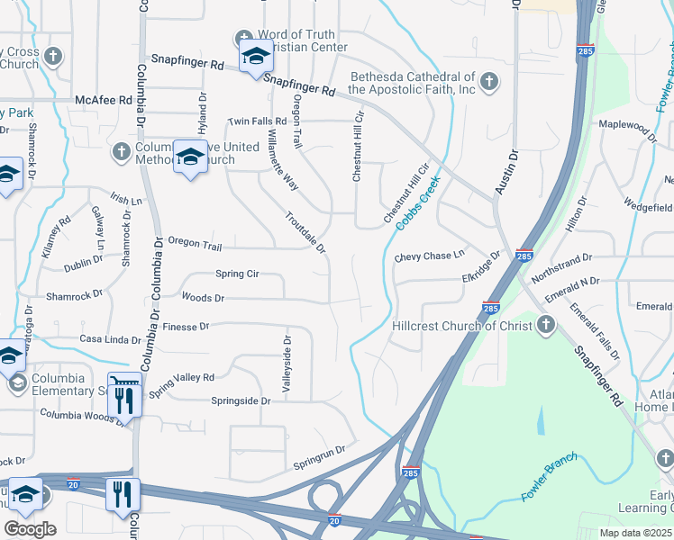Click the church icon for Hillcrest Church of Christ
coord(546,325)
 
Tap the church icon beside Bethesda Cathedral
coord(488,83)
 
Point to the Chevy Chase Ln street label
coord(429,256)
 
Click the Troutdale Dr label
coord(305,232)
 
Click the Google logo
coord(29,529)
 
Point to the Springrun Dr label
coord(320,457)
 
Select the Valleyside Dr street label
coord(287,364)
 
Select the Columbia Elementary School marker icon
coord(16,384)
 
